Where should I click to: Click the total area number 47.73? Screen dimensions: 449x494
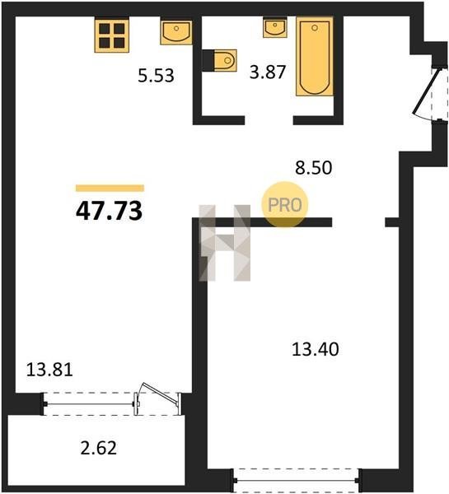coord(109,211)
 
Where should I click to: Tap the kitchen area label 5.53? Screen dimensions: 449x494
coord(156,76)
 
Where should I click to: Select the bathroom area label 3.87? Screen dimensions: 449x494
coord(268,72)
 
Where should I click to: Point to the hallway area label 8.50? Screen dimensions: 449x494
coord(313,168)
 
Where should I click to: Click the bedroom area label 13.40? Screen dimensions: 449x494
coord(316,349)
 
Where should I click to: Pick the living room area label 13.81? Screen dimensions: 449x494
coord(49,370)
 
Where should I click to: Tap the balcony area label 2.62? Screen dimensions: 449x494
coord(99,448)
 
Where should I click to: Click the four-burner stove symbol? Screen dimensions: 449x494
coord(112,35)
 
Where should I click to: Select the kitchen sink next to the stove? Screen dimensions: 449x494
coord(176,32)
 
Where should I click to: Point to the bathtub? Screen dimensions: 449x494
coord(315,56)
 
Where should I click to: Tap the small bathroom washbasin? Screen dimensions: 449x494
coord(275,28)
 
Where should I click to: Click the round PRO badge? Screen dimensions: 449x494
coord(284,205)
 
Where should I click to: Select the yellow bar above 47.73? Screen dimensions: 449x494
coord(110,188)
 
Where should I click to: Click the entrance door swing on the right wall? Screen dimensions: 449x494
coord(426,91)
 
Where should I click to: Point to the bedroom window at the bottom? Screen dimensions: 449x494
coord(297,481)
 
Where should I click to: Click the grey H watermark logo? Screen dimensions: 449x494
coord(224,243)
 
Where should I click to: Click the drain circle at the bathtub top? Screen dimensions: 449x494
coord(315,28)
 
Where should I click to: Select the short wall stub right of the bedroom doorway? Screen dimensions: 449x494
coord(393,222)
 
